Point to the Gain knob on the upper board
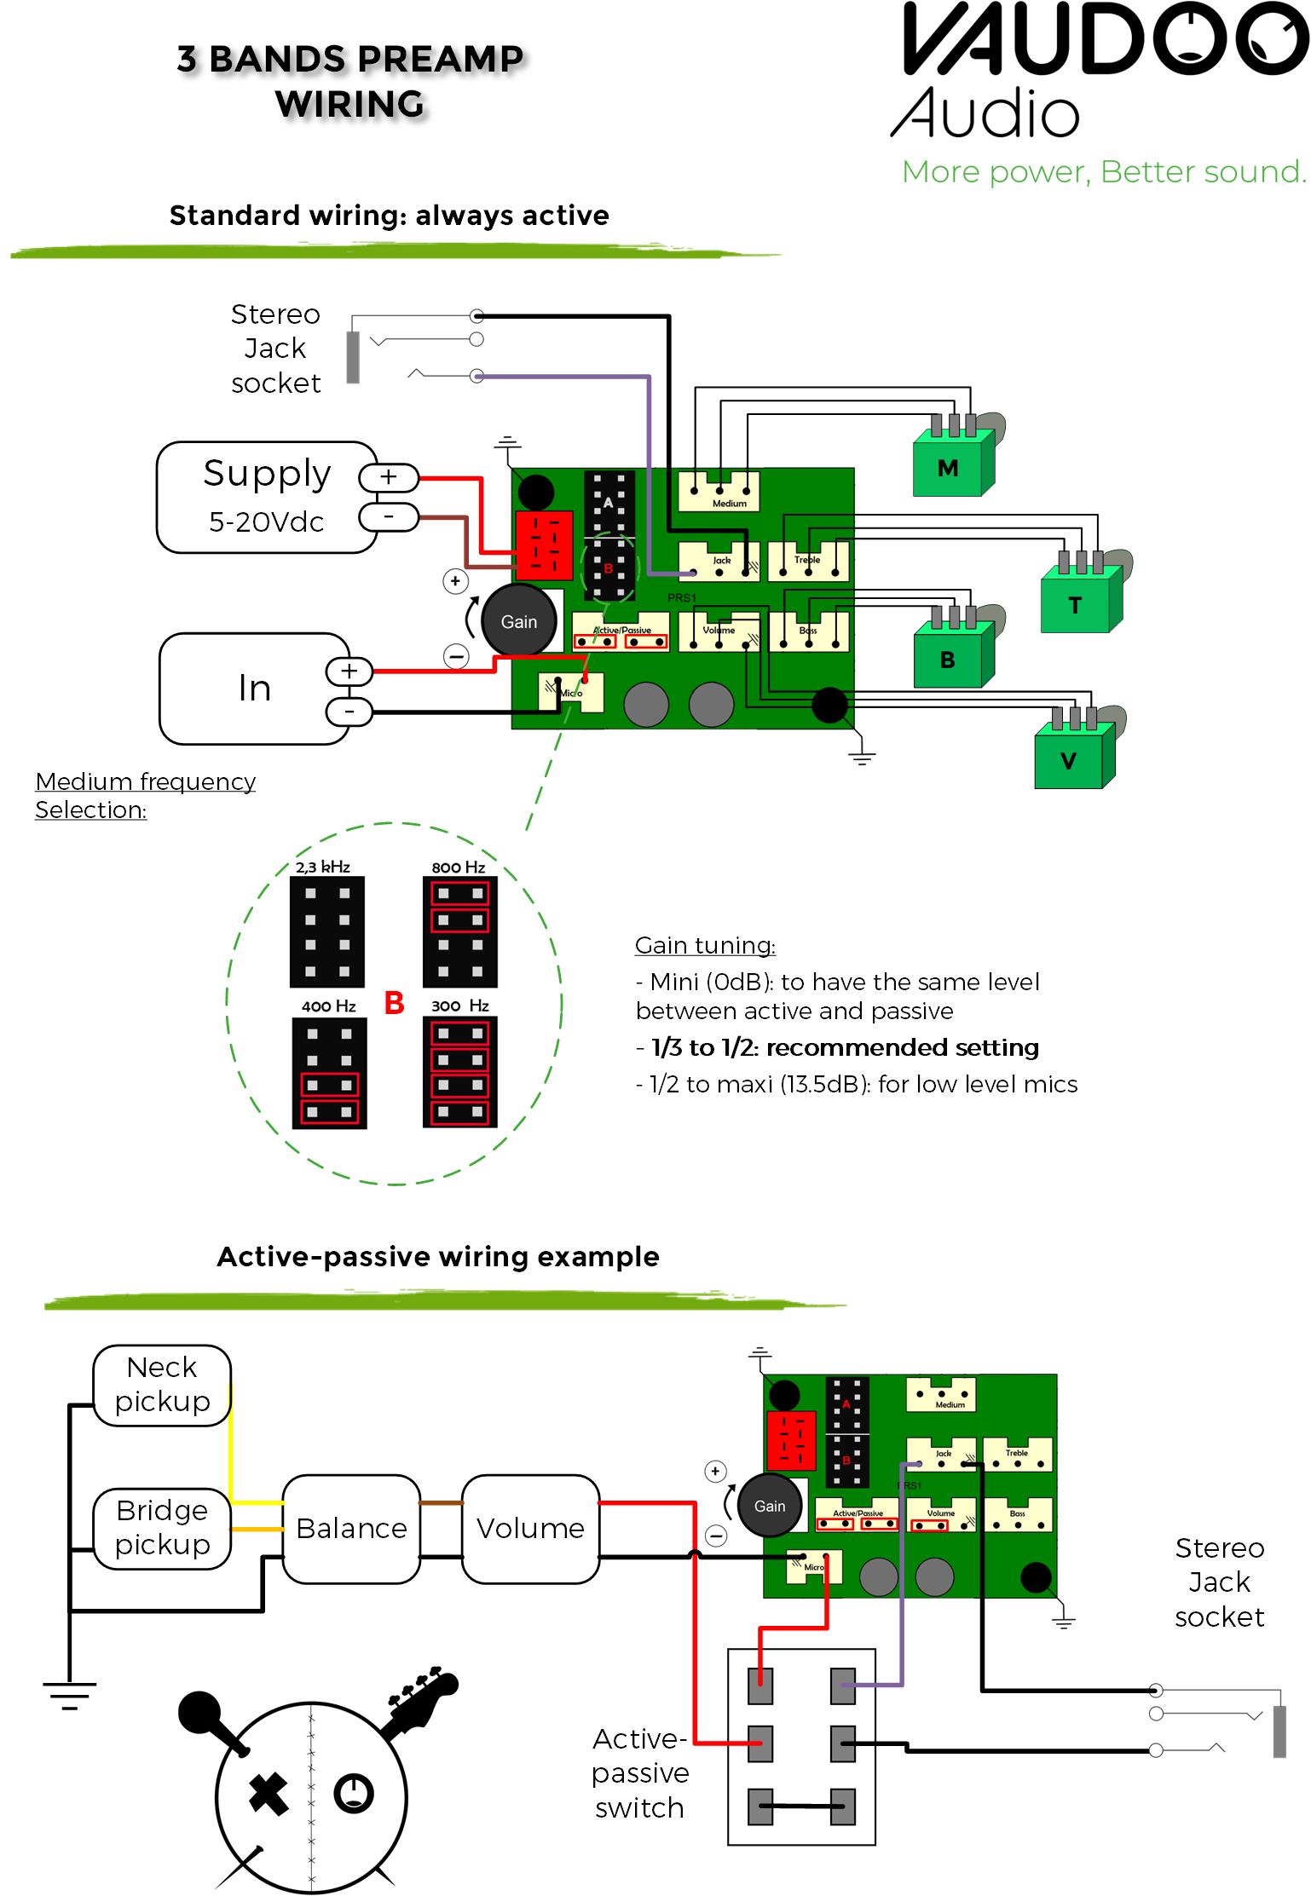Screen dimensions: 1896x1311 [518, 621]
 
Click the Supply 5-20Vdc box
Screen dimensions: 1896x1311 [267, 498]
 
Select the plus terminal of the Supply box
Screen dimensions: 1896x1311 [389, 477]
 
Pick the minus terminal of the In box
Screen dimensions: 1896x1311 [349, 712]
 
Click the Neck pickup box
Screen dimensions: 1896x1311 [162, 1385]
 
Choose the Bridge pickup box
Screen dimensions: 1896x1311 [162, 1528]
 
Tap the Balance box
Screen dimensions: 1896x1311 [351, 1529]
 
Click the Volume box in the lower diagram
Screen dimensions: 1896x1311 [530, 1529]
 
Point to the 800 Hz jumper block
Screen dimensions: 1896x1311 [459, 932]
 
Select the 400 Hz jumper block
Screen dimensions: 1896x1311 [329, 1073]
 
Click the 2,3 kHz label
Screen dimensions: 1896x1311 [323, 867]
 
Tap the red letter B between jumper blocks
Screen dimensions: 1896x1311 [394, 1003]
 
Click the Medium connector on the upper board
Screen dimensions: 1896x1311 [719, 493]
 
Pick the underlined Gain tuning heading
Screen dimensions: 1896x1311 [705, 945]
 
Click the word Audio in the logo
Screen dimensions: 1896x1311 [985, 113]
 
